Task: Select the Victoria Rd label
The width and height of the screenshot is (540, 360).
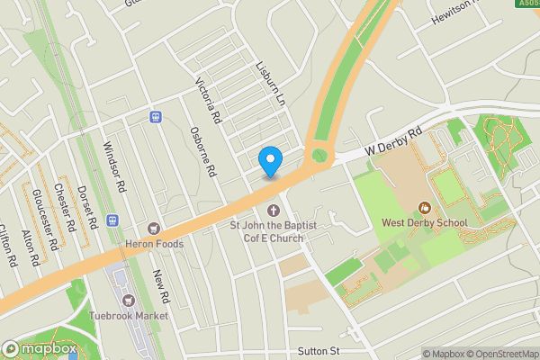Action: (x=209, y=100)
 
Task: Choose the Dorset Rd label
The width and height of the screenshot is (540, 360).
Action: (x=88, y=206)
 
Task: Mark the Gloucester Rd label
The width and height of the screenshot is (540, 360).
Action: (x=44, y=220)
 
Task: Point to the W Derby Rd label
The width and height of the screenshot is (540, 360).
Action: (x=393, y=142)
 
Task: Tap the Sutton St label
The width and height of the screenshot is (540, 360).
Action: (x=319, y=351)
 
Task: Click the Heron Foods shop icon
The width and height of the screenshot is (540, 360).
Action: (x=153, y=229)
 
